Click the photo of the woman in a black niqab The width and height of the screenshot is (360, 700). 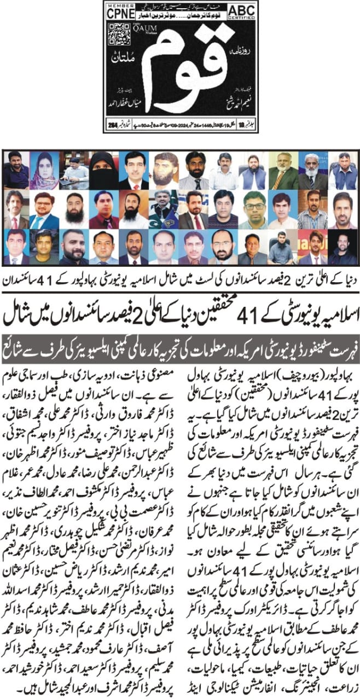pyautogui.click(x=103, y=170)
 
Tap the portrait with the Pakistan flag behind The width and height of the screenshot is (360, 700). pyautogui.click(x=162, y=209)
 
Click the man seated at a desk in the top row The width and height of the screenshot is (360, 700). pyautogui.click(x=74, y=170)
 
